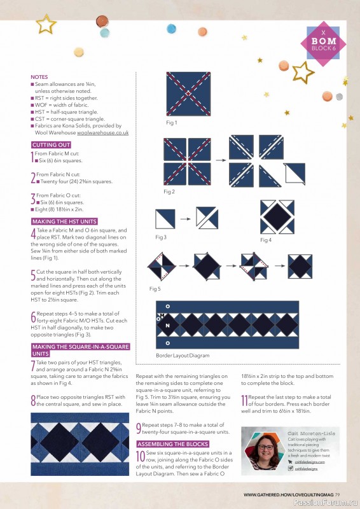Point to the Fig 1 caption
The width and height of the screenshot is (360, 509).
click(x=171, y=122)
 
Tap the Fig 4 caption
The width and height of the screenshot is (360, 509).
click(x=266, y=240)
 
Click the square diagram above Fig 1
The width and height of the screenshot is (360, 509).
click(x=188, y=94)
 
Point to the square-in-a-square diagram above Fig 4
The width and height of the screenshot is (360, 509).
click(x=277, y=216)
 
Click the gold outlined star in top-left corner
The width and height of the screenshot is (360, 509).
click(x=46, y=24)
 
